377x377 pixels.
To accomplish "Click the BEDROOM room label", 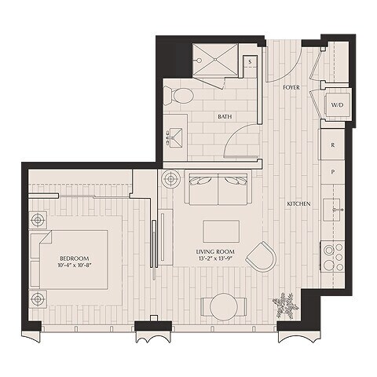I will [x=73, y=258].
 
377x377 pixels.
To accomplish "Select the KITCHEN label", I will [x=298, y=203].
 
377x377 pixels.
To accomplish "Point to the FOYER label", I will [x=291, y=88].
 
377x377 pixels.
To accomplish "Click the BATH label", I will [x=225, y=117].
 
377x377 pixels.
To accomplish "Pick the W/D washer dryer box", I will [x=336, y=104].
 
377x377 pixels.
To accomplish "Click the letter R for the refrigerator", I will [x=333, y=145].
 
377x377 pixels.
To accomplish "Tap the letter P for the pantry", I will [x=333, y=170].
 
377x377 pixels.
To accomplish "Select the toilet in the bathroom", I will [x=180, y=96].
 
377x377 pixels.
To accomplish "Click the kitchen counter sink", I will [x=335, y=210].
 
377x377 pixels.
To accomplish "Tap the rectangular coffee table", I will [x=221, y=230].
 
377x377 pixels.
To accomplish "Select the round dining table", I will [x=223, y=306].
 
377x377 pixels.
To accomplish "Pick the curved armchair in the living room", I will [x=262, y=255].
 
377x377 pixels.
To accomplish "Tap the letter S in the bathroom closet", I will [x=249, y=60].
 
